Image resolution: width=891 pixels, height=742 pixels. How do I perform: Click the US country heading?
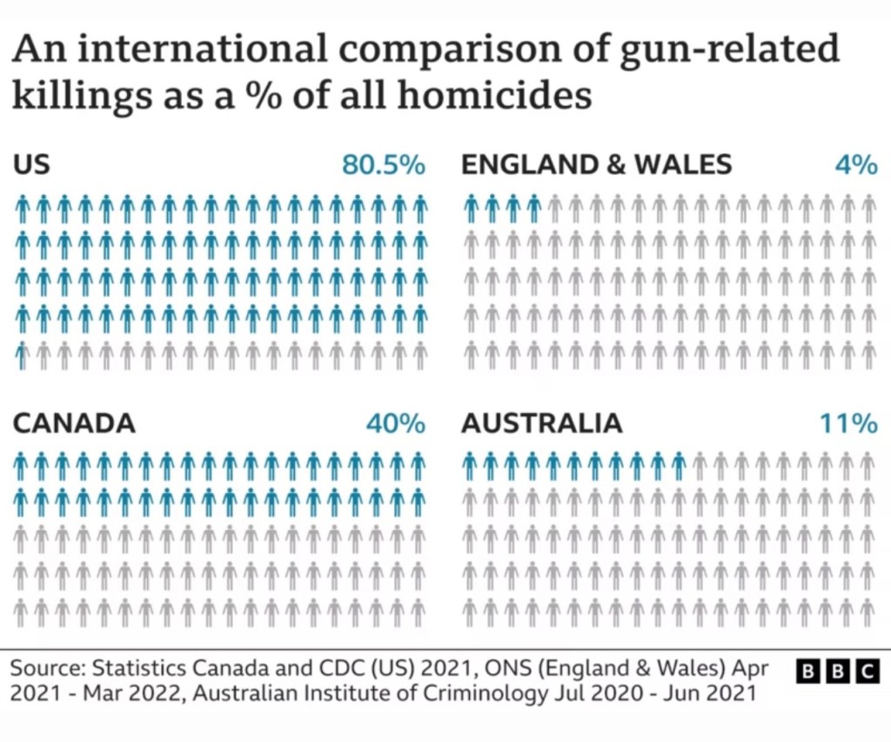31,164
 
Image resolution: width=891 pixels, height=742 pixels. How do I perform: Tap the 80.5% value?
383,164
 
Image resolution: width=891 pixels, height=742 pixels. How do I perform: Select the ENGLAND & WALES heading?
596,164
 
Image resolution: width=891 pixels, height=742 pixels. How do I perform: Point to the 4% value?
855,164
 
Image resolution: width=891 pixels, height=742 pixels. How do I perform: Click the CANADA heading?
74,424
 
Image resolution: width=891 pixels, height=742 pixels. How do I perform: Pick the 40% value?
395,424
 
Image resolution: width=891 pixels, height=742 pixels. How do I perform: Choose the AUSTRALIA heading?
541,424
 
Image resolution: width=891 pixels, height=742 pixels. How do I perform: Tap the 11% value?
847,424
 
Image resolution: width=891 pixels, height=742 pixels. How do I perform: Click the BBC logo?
837,671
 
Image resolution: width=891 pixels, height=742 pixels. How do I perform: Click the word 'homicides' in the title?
494,94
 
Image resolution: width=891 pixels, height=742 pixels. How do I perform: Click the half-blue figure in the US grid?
23,356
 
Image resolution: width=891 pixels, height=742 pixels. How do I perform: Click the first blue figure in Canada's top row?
21,466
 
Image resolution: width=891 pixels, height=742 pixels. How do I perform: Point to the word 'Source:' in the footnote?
48,669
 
